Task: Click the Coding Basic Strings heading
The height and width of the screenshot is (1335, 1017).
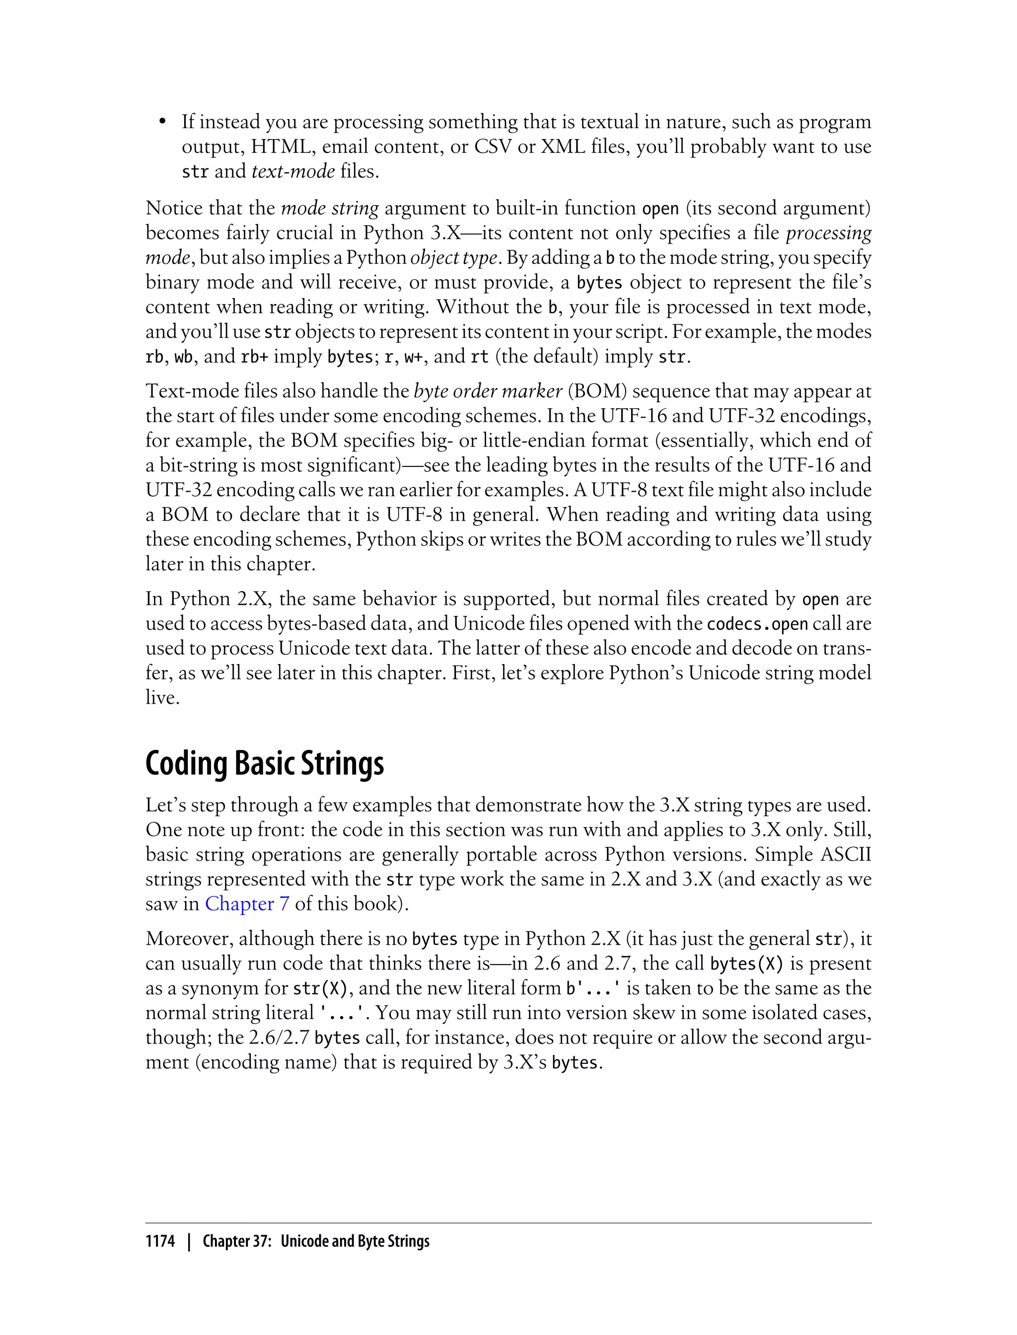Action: [x=265, y=763]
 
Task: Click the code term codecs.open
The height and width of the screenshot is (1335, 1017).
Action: [x=757, y=624]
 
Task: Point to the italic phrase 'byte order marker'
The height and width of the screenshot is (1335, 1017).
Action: [x=488, y=391]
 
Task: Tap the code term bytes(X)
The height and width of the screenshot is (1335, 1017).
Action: [x=746, y=964]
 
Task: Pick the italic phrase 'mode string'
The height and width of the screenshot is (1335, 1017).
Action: [x=330, y=208]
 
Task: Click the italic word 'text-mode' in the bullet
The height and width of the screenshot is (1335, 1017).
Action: [x=293, y=171]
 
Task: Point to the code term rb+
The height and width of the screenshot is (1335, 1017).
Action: [x=254, y=357]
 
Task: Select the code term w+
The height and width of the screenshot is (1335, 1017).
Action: [x=414, y=357]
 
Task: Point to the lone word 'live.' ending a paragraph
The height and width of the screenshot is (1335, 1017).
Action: [x=163, y=697]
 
